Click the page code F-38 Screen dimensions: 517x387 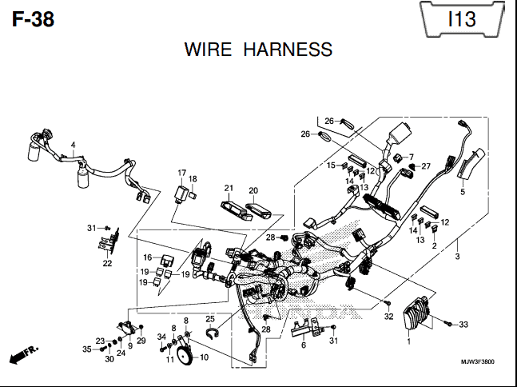coord(33,19)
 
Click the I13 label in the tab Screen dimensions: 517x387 coord(462,19)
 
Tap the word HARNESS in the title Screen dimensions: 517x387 coord(288,50)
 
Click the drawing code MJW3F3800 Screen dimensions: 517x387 coord(478,362)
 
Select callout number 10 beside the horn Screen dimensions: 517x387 coord(204,357)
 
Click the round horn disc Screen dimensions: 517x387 coord(185,354)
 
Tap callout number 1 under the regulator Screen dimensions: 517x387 coord(409,341)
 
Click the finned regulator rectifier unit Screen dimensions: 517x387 coord(418,313)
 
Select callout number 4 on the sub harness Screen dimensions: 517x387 coord(73,145)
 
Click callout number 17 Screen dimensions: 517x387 coord(181,173)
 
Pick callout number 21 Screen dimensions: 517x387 coord(229,188)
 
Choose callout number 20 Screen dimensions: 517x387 coord(253,190)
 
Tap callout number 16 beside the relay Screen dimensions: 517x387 coord(147,257)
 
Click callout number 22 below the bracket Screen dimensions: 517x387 coord(107,263)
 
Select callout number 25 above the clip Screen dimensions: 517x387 coord(210,319)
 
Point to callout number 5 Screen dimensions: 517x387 coord(463,191)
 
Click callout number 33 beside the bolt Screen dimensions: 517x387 coord(463,325)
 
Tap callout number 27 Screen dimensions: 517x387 coord(426,166)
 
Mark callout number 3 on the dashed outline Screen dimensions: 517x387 coord(457,256)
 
